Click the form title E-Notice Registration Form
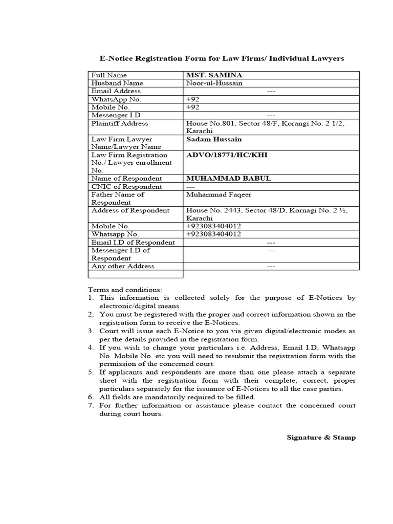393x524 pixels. tap(221, 59)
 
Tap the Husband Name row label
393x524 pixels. tap(117, 83)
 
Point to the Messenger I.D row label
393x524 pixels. tap(116, 116)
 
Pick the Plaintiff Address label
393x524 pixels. tap(120, 123)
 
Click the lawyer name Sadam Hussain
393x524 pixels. tap(214, 139)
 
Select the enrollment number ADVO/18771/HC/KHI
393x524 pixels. tap(227, 155)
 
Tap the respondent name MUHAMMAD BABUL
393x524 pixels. tap(228, 179)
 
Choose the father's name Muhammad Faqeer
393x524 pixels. tap(219, 194)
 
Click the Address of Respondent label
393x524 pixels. tap(130, 210)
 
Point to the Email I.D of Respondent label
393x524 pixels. tap(133, 243)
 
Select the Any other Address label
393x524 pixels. tap(123, 266)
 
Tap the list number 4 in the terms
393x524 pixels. tap(91, 347)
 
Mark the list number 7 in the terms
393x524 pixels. tap(91, 405)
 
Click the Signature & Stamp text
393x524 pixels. tap(321, 438)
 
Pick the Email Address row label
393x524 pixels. tap(116, 91)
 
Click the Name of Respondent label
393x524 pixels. tap(126, 179)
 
